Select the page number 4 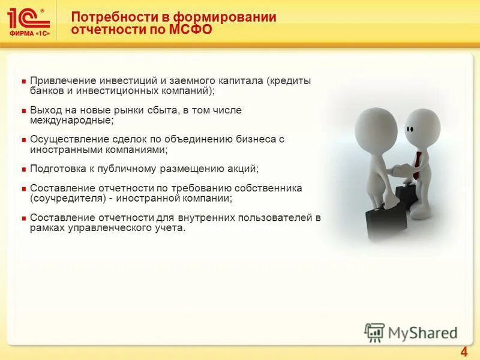click(x=463, y=352)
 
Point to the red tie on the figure click(x=416, y=164)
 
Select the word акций click(x=242, y=169)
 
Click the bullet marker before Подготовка click(x=23, y=169)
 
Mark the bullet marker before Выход click(x=23, y=111)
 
